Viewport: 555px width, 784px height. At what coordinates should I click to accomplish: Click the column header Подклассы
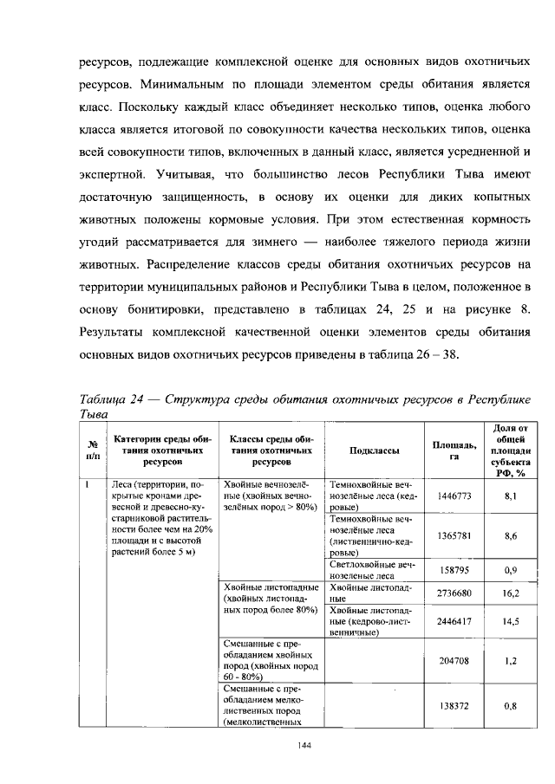(x=374, y=450)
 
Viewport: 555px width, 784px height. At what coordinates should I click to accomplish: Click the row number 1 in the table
(x=89, y=483)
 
